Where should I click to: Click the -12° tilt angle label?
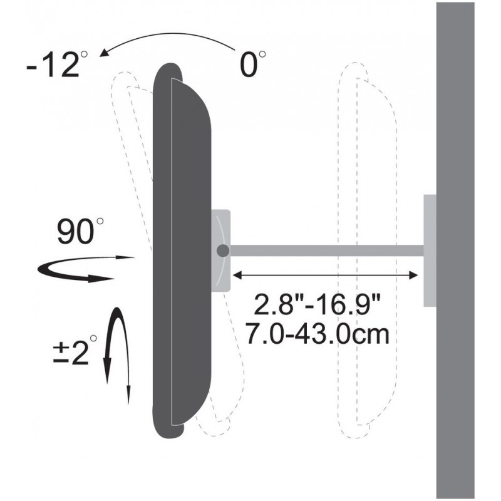click(57, 64)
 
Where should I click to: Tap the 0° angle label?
click(252, 64)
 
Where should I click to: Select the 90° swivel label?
click(80, 230)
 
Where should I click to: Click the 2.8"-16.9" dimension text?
click(318, 304)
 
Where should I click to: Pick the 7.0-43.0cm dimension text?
click(318, 334)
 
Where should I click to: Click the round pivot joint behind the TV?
click(223, 251)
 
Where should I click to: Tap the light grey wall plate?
click(430, 250)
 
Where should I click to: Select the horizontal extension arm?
click(326, 250)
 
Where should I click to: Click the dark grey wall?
click(455, 250)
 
